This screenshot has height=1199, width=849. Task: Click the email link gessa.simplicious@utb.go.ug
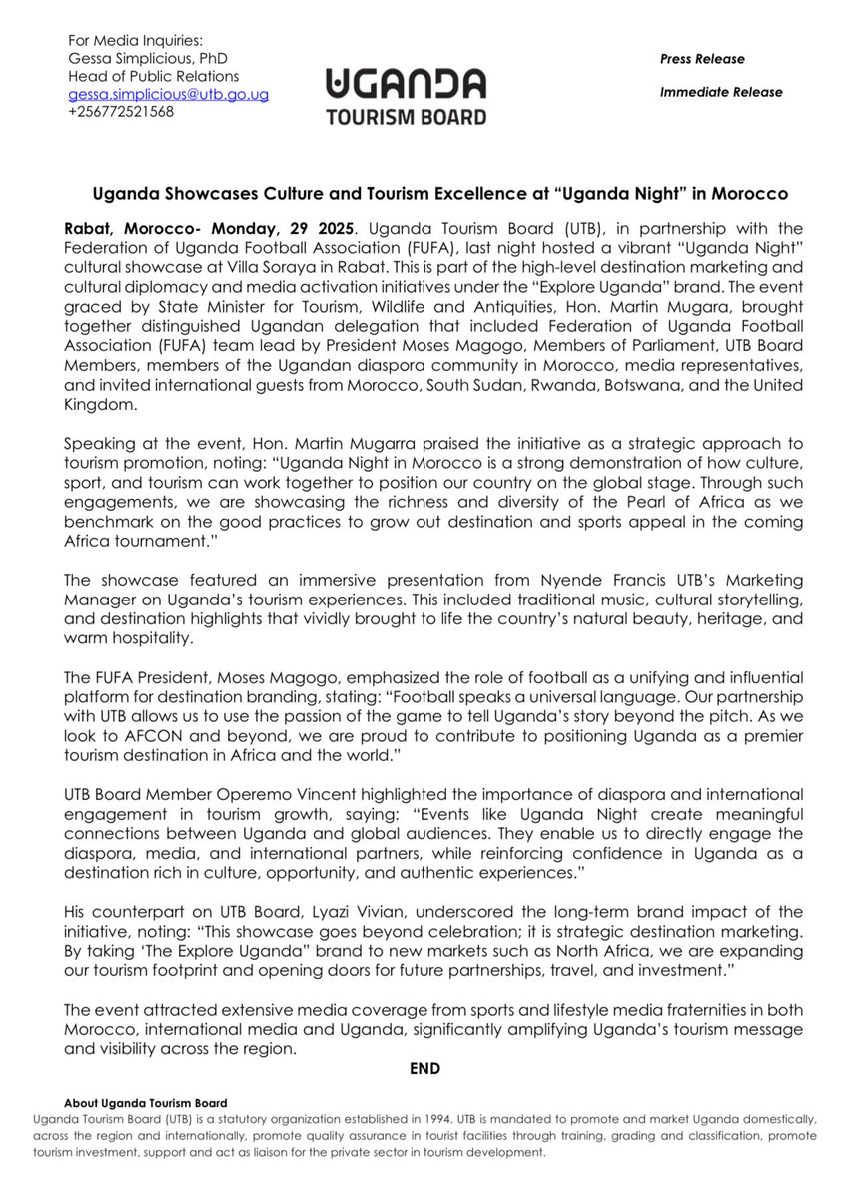(168, 94)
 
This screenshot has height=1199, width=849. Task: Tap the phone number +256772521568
(121, 111)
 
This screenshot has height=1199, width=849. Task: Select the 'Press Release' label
(702, 59)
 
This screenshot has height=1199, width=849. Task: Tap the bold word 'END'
(425, 1068)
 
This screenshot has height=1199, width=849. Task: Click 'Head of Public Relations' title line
(153, 77)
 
